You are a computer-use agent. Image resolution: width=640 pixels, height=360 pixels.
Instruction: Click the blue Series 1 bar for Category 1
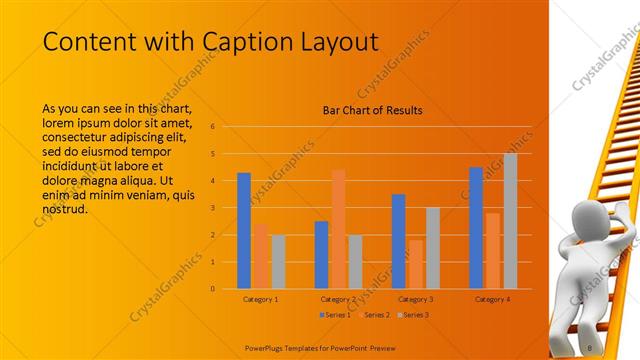pos(244,230)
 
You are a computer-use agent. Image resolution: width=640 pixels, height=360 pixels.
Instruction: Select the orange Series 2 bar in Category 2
pos(339,228)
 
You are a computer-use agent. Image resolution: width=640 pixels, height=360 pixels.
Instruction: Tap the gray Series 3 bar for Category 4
pos(510,220)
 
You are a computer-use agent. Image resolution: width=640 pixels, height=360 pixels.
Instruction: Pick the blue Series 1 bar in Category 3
pos(399,240)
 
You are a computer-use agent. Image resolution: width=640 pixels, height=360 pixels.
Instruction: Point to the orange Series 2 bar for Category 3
pos(415,264)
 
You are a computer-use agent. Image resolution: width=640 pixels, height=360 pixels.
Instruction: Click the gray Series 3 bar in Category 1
pos(278,261)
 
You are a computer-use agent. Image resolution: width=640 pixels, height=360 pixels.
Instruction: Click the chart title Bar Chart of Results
pos(372,110)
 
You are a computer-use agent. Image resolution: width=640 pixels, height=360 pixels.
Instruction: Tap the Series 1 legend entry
pos(335,315)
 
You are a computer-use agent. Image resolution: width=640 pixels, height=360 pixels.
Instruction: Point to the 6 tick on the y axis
pos(212,127)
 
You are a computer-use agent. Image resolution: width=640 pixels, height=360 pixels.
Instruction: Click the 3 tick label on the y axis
pos(212,208)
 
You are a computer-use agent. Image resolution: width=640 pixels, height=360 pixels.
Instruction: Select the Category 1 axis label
pos(261,299)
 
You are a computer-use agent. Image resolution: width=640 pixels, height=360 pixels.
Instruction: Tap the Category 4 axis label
pos(493,299)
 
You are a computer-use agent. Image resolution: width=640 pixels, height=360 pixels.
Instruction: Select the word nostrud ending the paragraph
pos(68,209)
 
